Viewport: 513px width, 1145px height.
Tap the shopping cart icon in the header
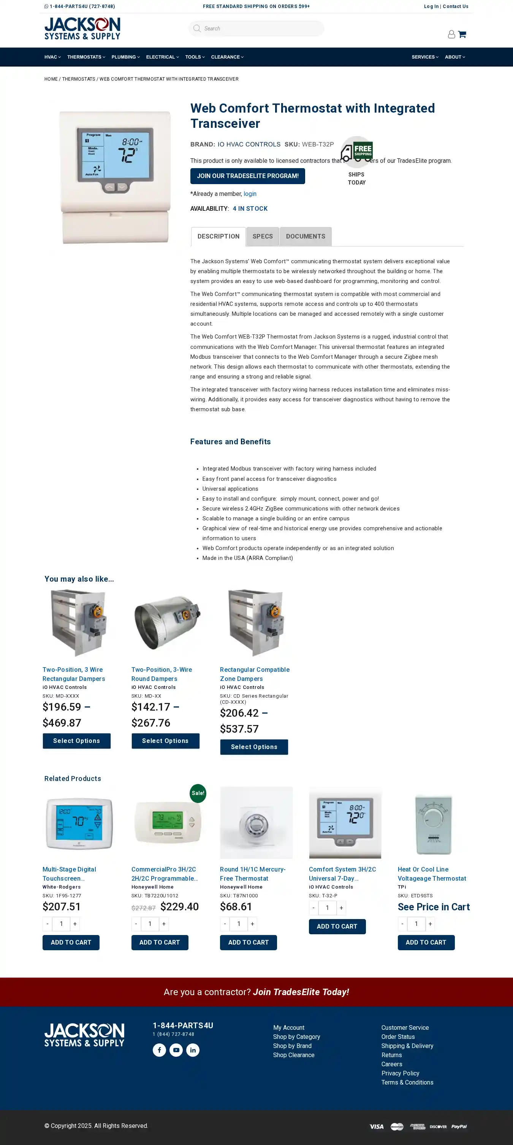tap(462, 34)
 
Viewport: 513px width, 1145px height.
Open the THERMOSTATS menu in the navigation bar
tap(86, 57)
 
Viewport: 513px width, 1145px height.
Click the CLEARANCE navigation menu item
tap(227, 57)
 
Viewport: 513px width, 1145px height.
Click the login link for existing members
tap(250, 194)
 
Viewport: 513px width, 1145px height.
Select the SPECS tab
tap(263, 237)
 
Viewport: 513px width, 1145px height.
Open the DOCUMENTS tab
tap(305, 237)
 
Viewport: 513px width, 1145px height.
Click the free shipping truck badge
tap(357, 150)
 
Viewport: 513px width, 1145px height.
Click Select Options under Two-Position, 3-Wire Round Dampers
tap(165, 741)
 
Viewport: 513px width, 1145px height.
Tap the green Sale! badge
tap(198, 793)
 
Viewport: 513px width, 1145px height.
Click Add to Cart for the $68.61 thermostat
tap(248, 942)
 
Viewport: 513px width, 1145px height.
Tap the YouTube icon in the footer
tap(176, 1050)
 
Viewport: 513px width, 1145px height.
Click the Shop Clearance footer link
tap(294, 1055)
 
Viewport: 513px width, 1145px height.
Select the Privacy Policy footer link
tap(400, 1073)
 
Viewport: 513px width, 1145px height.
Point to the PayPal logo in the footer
tap(459, 1126)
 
